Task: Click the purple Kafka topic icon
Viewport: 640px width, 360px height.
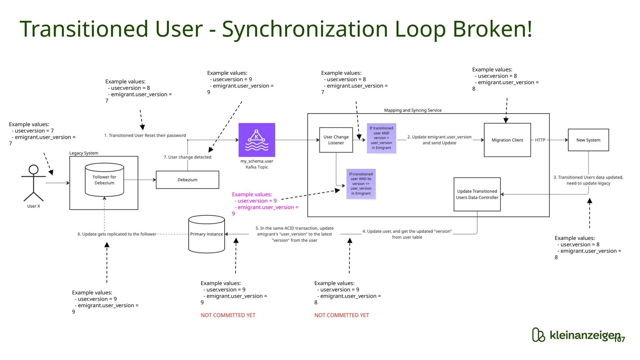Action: [257, 140]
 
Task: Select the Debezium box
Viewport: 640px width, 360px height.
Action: [187, 180]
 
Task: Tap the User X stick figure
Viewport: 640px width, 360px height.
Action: [33, 183]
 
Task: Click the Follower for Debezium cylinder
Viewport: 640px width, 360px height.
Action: [104, 180]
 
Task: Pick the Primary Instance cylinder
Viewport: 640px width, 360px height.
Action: [207, 234]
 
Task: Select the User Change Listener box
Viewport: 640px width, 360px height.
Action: [336, 140]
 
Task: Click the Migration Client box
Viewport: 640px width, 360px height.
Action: [507, 140]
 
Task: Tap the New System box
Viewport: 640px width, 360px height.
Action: [588, 140]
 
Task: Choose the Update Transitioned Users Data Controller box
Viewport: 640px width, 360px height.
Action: [477, 194]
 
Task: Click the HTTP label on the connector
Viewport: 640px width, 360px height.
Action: [540, 140]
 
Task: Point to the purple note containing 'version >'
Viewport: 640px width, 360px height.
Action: [381, 138]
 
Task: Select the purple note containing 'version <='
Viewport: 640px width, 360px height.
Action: [361, 184]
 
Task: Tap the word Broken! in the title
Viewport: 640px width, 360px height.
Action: [492, 29]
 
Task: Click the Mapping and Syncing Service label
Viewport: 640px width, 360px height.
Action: [412, 110]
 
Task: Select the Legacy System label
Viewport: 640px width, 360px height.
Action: [84, 153]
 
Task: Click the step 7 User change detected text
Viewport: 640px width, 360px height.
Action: [187, 157]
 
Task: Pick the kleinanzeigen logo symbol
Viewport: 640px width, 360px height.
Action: [538, 335]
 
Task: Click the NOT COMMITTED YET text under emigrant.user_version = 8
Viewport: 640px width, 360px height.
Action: [342, 315]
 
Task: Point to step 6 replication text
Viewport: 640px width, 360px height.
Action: [117, 234]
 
